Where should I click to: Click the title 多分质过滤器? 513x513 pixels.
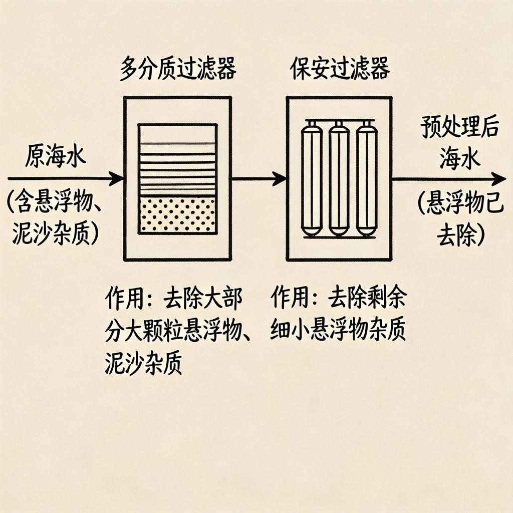point(177,70)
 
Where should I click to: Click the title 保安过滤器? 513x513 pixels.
point(340,70)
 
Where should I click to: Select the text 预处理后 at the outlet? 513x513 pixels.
point(460,128)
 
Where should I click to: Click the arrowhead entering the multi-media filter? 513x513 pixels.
point(117,178)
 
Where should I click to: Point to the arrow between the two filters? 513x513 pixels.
point(259,177)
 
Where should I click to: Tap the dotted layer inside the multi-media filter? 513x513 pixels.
point(177,214)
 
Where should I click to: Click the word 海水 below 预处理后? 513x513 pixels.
point(460,159)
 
